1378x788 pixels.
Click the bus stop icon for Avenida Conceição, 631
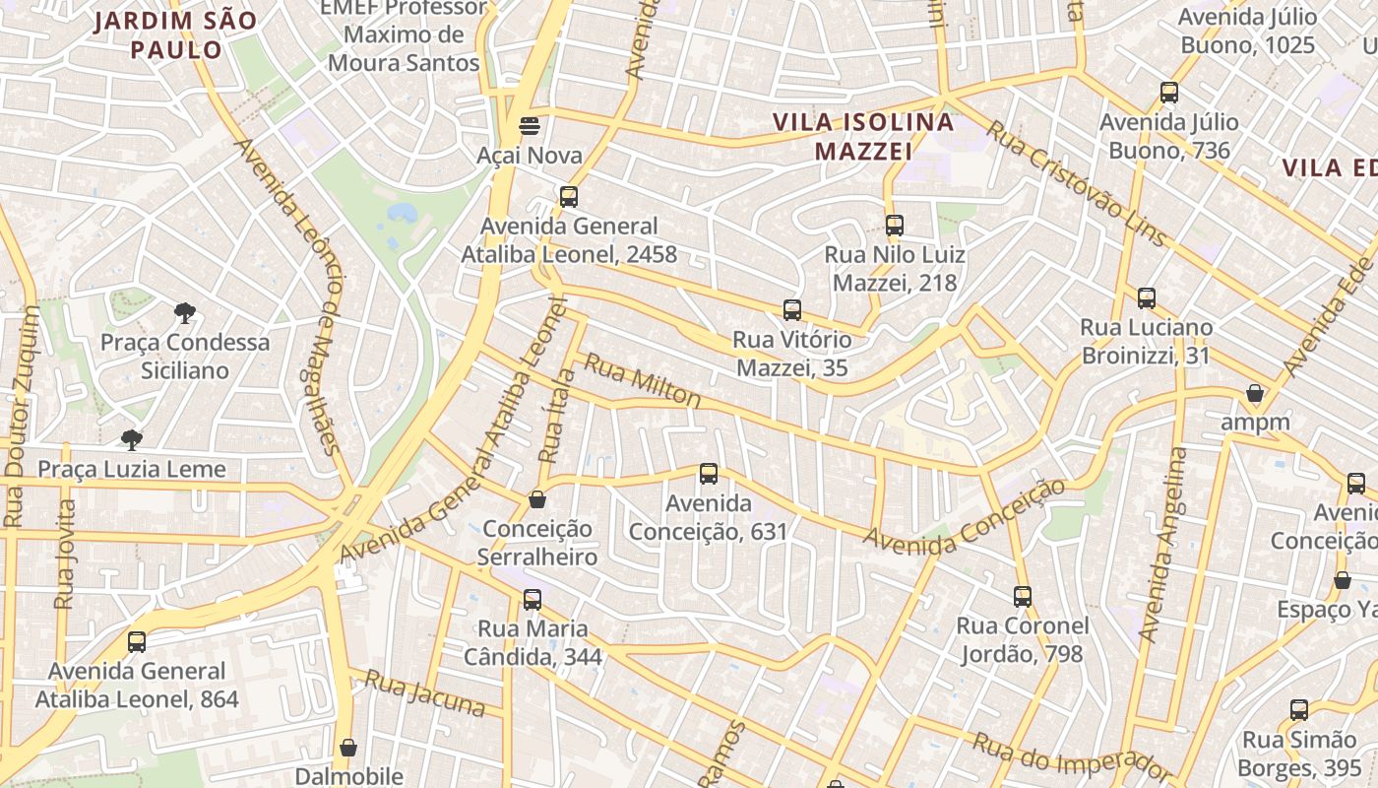point(708,474)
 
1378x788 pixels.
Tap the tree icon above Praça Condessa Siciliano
point(184,313)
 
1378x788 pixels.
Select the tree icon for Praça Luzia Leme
point(132,439)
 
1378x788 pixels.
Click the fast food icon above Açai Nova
point(530,125)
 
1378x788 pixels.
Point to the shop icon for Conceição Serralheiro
point(536,499)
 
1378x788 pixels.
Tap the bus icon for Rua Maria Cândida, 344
point(532,599)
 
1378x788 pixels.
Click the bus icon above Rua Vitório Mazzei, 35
point(791,310)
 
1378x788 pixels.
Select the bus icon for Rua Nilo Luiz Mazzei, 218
point(894,226)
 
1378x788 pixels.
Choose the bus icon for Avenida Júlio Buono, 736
point(1168,93)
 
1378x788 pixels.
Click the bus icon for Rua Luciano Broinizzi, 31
point(1146,298)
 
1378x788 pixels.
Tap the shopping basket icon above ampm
point(1255,393)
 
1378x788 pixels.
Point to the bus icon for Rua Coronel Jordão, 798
point(1022,596)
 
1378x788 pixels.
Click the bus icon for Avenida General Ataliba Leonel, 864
point(137,641)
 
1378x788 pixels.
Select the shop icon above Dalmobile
point(347,748)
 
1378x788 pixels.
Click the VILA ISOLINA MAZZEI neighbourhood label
point(863,137)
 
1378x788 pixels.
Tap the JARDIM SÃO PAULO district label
point(175,35)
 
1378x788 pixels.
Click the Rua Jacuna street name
point(425,692)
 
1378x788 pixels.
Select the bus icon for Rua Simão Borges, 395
point(1299,710)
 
